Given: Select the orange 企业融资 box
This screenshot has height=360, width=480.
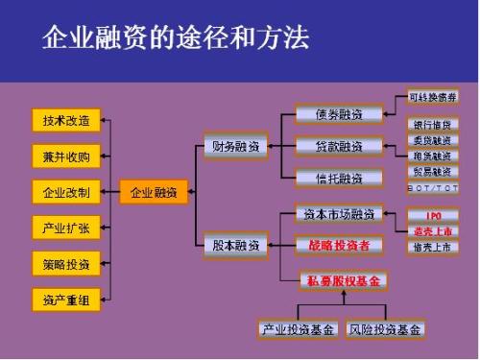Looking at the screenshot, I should tap(154, 192).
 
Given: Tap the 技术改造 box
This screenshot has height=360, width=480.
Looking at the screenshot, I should tap(66, 121).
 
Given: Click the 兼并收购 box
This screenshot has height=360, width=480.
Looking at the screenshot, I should tap(66, 156).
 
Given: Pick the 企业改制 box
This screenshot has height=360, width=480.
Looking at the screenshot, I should tap(66, 192).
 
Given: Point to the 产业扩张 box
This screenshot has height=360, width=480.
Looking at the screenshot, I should tap(66, 228).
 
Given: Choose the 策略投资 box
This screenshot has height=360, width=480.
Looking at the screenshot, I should tap(66, 263).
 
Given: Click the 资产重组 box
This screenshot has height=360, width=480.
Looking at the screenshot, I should tap(66, 299).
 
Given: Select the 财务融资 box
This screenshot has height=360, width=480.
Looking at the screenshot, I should tap(235, 147).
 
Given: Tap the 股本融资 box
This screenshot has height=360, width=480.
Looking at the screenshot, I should tap(235, 245).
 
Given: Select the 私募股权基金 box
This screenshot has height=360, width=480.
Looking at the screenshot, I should tap(344, 280).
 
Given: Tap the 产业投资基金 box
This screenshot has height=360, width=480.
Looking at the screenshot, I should tap(299, 329).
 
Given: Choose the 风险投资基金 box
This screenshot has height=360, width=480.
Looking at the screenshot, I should tap(385, 329).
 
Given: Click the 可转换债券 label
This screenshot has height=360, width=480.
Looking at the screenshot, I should tap(433, 97).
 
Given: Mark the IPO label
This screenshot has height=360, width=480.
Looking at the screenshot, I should tap(433, 216).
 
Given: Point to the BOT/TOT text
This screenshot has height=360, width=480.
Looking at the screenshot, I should tap(433, 188).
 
